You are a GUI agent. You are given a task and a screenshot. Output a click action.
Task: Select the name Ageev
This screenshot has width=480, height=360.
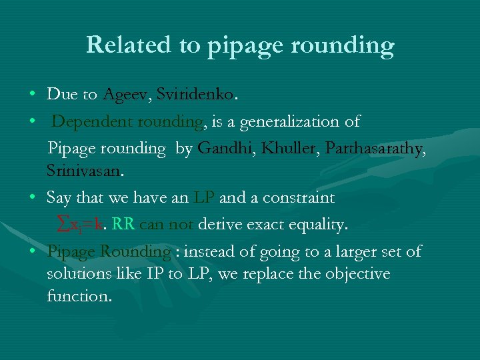point(126,95)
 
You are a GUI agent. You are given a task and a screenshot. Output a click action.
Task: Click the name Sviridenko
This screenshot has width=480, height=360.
point(195,95)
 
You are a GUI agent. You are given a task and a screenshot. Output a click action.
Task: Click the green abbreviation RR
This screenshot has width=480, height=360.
point(123,225)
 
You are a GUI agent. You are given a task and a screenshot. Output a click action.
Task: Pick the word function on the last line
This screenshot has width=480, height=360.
point(79,296)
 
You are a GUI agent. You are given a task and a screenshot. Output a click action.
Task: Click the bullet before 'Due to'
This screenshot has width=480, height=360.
point(33,95)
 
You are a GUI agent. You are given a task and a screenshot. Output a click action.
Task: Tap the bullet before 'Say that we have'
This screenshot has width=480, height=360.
point(33,198)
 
